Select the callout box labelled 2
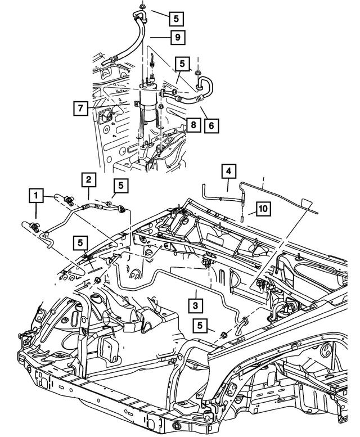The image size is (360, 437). tap(88, 180)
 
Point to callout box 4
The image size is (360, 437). tap(228, 170)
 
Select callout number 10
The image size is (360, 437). tap(263, 209)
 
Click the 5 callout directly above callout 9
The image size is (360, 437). tap(176, 17)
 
